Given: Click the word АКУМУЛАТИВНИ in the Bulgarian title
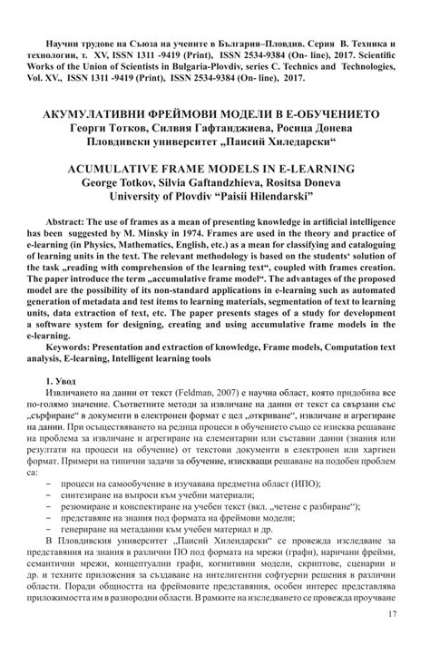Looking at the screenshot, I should [x=93, y=117].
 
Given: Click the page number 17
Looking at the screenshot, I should [x=391, y=616].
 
